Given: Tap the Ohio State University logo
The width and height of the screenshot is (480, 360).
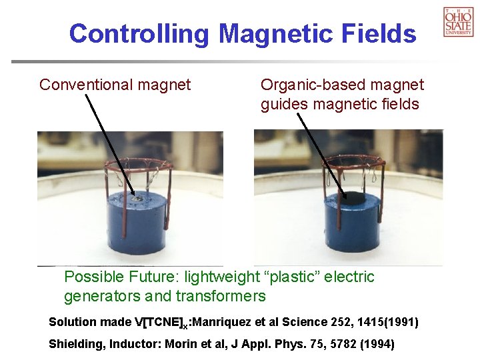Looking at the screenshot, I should point(458,21).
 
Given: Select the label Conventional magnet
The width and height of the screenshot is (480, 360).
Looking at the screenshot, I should point(115,85).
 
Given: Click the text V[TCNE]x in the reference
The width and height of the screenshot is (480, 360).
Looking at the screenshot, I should point(163,323).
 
